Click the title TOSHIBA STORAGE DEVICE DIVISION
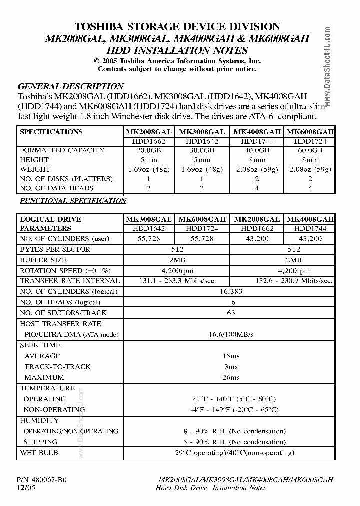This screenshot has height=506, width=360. click(x=177, y=26)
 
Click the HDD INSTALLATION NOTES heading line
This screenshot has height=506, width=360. click(x=177, y=50)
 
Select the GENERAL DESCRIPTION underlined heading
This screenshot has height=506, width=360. click(x=70, y=86)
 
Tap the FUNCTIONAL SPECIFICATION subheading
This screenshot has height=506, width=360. click(x=73, y=201)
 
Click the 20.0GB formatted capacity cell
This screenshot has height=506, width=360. click(x=148, y=150)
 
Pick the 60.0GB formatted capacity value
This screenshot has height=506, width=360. click(x=310, y=150)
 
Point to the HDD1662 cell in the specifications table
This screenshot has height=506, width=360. click(x=148, y=141)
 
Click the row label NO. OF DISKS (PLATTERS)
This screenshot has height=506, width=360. click(x=66, y=179)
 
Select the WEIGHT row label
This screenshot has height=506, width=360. click(x=34, y=169)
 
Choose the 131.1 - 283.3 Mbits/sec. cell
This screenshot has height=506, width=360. click(x=176, y=281)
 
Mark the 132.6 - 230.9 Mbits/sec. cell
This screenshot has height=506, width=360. click(x=282, y=281)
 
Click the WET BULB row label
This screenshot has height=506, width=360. click(x=39, y=453)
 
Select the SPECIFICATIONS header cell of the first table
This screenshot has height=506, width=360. click(x=51, y=132)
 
